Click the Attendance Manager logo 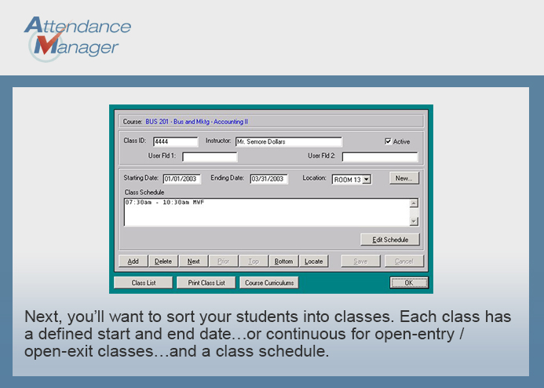78,38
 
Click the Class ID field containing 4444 175,141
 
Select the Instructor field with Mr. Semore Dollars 289,141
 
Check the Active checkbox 388,141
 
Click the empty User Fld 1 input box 210,157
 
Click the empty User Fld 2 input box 380,157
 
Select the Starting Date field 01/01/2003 182,179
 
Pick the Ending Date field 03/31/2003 269,179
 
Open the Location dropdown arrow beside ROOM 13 367,179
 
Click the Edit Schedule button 390,240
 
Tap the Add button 133,262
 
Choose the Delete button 163,262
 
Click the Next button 193,262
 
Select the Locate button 314,262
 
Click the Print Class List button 206,283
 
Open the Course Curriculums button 269,283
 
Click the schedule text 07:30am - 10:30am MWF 164,203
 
